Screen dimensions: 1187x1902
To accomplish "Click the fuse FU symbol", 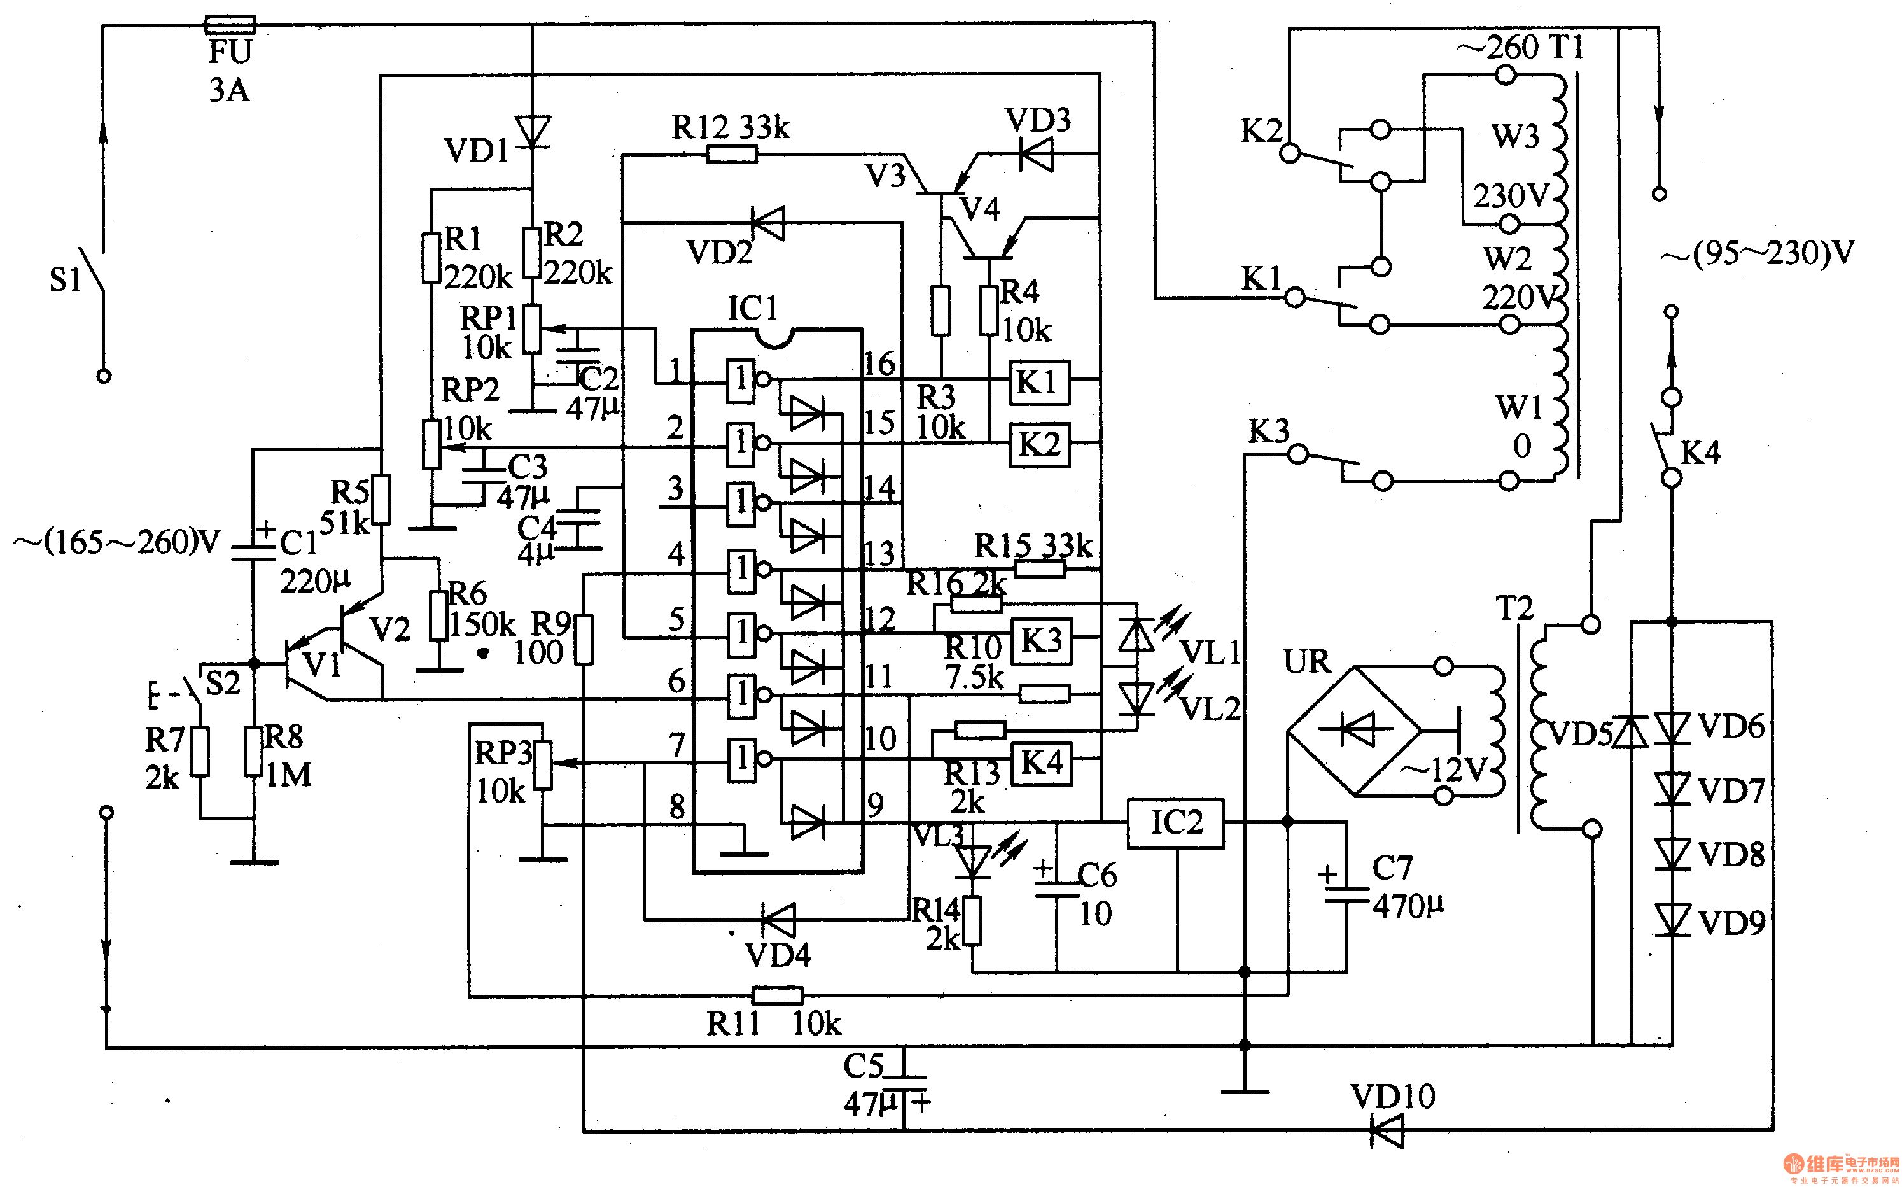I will coord(229,25).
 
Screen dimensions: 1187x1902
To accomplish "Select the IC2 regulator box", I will coord(1175,823).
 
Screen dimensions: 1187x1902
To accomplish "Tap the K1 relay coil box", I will coord(1038,383).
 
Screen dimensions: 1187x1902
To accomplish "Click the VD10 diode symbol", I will coord(1387,1131).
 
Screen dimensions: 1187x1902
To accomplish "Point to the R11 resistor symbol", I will coord(777,995).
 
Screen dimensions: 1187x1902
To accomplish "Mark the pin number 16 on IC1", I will coord(879,363).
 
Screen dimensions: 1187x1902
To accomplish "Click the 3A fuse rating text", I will coord(229,90).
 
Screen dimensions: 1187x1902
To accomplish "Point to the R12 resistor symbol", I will coord(731,154).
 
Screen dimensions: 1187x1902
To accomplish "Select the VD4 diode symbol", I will coord(778,919).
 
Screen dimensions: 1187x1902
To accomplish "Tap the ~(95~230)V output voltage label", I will coord(1758,253).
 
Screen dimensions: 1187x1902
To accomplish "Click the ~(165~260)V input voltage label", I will coord(118,542).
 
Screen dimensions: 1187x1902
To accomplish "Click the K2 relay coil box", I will coord(1040,445).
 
